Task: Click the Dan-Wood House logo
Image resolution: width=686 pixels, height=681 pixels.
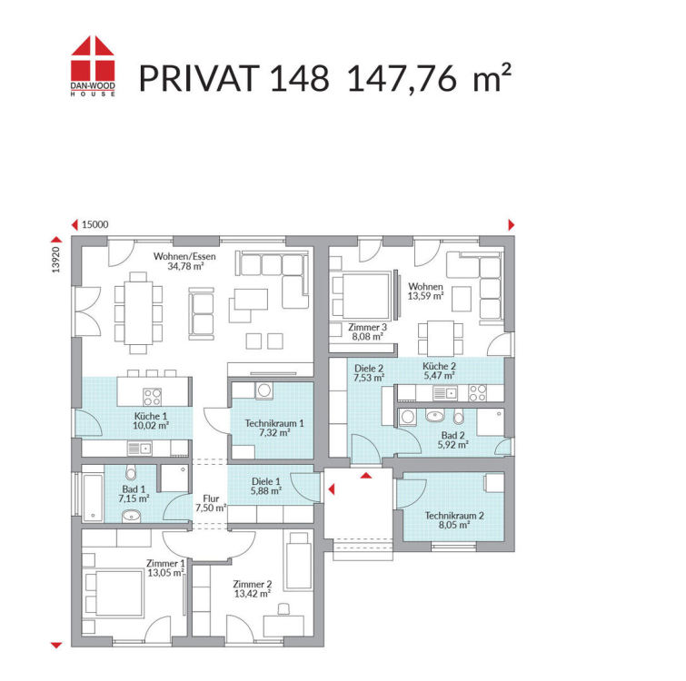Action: click(93, 65)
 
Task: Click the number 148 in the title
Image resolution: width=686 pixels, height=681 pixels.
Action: click(299, 79)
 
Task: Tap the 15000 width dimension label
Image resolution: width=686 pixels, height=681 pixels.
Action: click(94, 224)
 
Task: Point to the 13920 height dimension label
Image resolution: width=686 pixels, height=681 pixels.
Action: click(55, 260)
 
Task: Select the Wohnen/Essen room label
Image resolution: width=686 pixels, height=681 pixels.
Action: click(184, 257)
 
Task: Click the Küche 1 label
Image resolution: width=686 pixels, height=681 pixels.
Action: click(151, 416)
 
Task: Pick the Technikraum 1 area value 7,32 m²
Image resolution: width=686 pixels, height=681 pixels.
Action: click(274, 433)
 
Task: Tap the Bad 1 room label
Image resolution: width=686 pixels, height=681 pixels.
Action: click(134, 489)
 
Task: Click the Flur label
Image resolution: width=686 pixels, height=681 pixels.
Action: click(211, 498)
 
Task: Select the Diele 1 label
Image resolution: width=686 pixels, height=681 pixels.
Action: click(266, 481)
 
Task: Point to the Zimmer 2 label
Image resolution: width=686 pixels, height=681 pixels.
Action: click(252, 584)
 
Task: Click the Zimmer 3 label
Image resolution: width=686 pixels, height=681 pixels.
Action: click(367, 327)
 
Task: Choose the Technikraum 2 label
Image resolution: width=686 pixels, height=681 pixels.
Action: click(454, 516)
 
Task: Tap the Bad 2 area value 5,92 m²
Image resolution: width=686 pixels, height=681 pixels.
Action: click(453, 445)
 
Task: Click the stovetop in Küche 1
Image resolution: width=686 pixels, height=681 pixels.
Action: click(153, 397)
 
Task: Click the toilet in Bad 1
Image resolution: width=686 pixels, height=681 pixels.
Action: click(131, 472)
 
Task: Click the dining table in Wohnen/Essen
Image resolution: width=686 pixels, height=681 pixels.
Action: click(138, 312)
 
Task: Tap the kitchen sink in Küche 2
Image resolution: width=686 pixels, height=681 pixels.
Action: click(445, 393)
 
